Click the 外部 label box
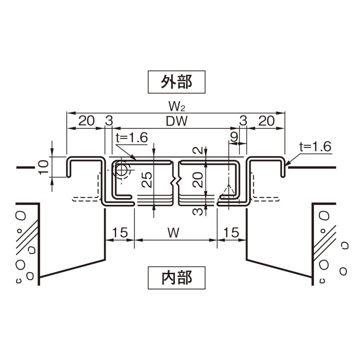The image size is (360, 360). pyautogui.click(x=176, y=82)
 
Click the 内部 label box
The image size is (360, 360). pyautogui.click(x=176, y=278)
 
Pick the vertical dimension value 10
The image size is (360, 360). pyautogui.click(x=45, y=166)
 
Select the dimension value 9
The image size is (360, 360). pyautogui.click(x=234, y=137)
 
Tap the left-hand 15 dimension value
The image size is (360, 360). pyautogui.click(x=120, y=232)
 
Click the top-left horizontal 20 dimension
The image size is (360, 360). pyautogui.click(x=86, y=121)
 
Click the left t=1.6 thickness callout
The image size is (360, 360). pyautogui.click(x=132, y=138)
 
